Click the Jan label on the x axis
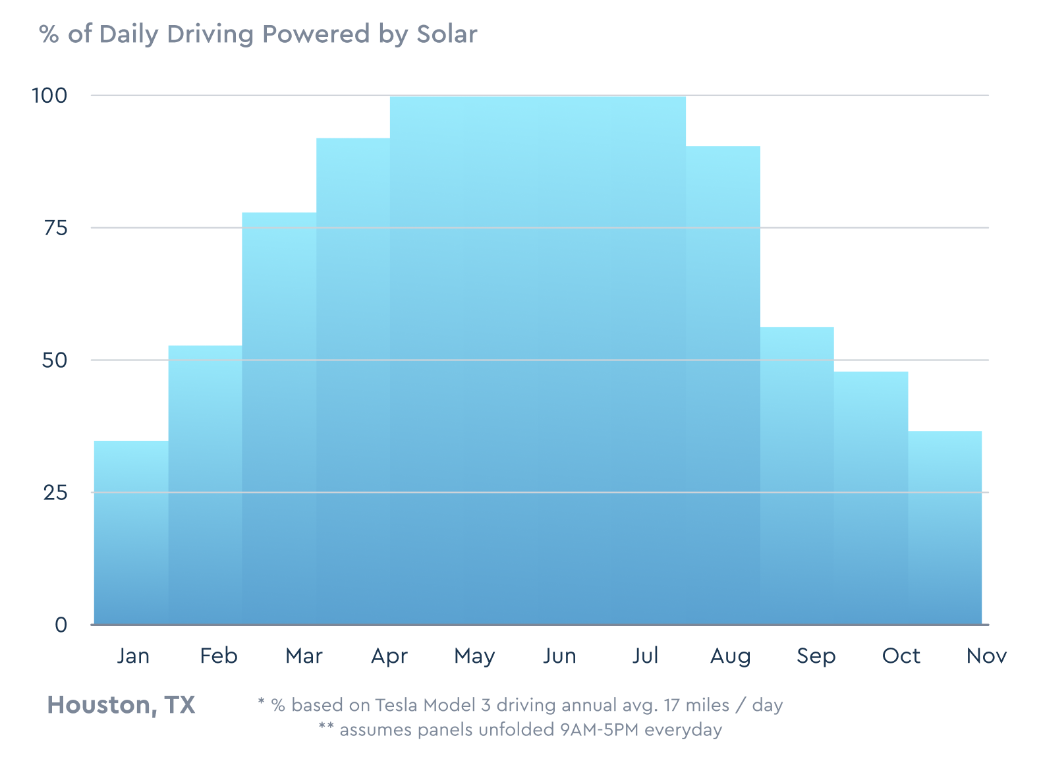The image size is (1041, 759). (x=133, y=656)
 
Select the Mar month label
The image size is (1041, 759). (x=304, y=656)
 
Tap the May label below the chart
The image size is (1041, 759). (x=474, y=656)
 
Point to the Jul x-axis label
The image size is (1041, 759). (x=645, y=656)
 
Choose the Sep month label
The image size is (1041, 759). (x=816, y=656)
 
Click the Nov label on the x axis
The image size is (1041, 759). (x=986, y=656)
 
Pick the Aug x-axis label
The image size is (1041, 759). (x=730, y=656)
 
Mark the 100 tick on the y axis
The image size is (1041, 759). (x=49, y=96)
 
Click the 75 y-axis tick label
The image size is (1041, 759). (x=55, y=228)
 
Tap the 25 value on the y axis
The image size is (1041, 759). (x=55, y=492)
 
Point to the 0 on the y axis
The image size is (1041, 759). (x=61, y=625)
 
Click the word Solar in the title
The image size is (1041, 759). (x=446, y=34)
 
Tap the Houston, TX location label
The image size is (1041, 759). (x=121, y=705)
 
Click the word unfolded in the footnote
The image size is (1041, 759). (x=516, y=730)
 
